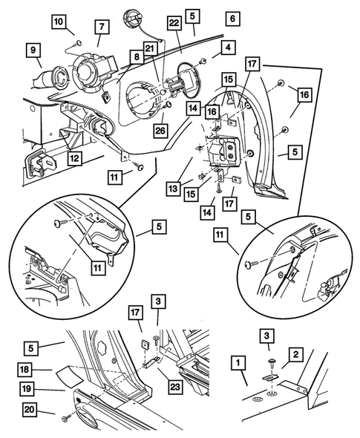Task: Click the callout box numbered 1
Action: [238, 363]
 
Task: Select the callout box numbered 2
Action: [295, 355]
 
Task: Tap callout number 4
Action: [228, 48]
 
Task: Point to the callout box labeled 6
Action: [232, 19]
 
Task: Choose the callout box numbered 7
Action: [102, 27]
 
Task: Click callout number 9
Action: [33, 50]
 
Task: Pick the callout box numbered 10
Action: [59, 22]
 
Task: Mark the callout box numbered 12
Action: [74, 159]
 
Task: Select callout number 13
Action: [173, 189]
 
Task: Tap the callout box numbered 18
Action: [24, 370]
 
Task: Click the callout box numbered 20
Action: [30, 410]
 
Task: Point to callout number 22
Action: [174, 22]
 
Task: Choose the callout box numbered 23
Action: [175, 387]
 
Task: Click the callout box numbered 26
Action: [160, 130]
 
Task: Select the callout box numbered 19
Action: [27, 389]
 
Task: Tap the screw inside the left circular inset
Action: [61, 223]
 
